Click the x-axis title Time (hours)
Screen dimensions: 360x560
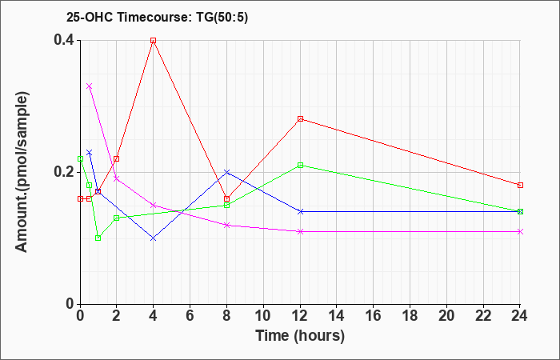(x=300, y=335)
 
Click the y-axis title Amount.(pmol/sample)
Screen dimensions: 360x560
(x=22, y=172)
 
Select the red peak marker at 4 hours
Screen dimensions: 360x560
(x=153, y=40)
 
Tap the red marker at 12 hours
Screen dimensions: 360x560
(x=300, y=119)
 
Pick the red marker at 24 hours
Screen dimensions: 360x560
(x=520, y=185)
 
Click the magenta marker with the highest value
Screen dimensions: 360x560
(x=89, y=86)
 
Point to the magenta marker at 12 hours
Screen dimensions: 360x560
(x=300, y=231)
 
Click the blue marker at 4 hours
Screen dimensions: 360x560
(x=153, y=238)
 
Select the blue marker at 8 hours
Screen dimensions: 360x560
(x=226, y=172)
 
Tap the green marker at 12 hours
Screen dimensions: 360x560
(x=300, y=165)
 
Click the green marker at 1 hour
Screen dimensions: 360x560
(x=98, y=238)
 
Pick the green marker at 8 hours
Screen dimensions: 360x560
(x=226, y=205)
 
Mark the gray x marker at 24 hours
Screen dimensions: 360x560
(x=520, y=231)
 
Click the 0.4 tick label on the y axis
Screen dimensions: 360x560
(x=63, y=40)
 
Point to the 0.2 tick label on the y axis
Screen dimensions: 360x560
(x=63, y=172)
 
